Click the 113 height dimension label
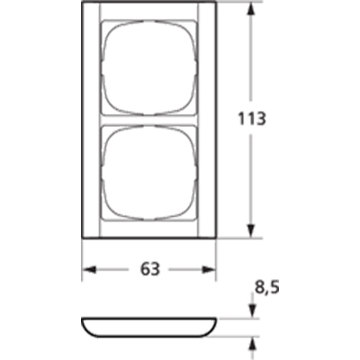tap(252, 119)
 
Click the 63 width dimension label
tap(150, 269)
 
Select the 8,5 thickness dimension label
tap(267, 288)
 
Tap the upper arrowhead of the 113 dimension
tap(251, 12)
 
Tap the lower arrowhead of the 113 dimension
tap(251, 230)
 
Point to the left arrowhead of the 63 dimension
tap(89, 269)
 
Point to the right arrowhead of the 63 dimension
tap(209, 269)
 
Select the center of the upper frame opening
tap(149, 67)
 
